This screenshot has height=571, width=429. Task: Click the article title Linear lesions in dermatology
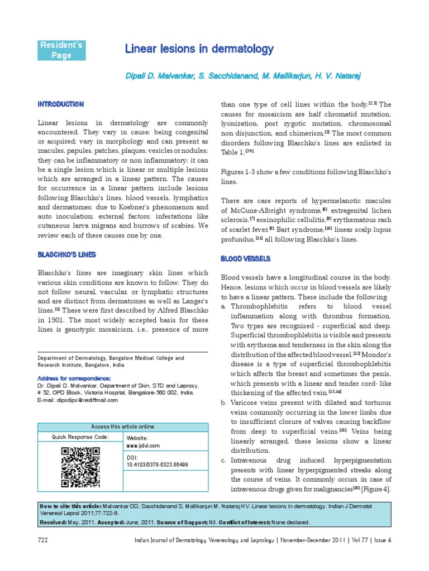tap(199, 50)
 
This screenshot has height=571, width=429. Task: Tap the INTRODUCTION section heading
tap(60, 104)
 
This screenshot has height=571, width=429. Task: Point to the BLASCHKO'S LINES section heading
tap(66, 254)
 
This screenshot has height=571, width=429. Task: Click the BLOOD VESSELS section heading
tap(246, 259)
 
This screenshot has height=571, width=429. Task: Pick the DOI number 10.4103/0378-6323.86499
tap(158, 464)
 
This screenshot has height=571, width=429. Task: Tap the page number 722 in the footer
tap(42, 539)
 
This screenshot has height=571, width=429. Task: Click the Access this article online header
tap(122, 427)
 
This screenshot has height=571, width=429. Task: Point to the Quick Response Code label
tap(80, 437)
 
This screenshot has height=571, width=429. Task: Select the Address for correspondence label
tap(73, 378)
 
